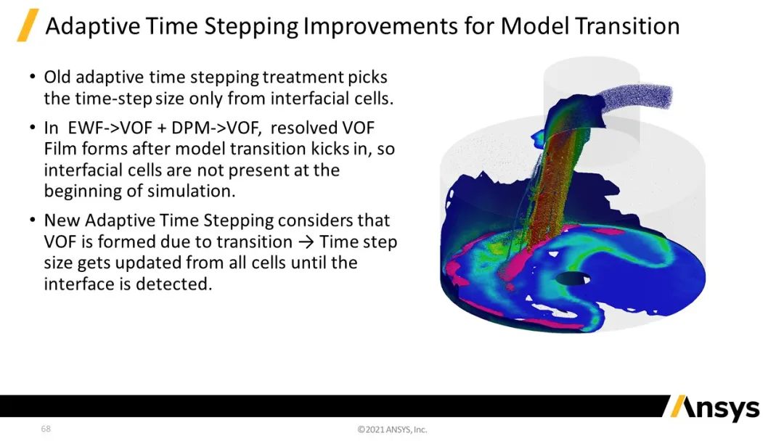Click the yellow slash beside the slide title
(28, 25)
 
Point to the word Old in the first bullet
(57, 78)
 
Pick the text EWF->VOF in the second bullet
(110, 128)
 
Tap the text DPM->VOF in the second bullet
(216, 128)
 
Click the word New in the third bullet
(62, 220)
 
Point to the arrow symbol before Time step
(306, 242)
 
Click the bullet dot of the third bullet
(33, 220)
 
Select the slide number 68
(46, 429)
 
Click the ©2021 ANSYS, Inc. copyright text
(393, 429)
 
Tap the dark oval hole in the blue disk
(573, 279)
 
